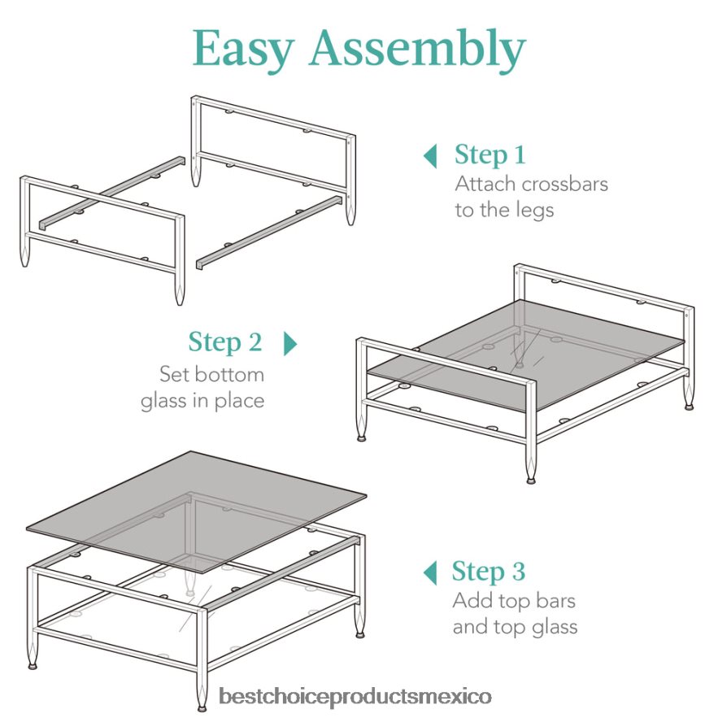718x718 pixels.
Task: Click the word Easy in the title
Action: [242, 50]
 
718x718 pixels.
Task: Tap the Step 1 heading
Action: [490, 154]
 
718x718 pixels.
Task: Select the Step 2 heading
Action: [225, 342]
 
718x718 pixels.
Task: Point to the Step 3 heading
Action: [488, 572]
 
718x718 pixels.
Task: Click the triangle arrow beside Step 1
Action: [430, 156]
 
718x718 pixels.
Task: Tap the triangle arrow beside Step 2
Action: [290, 343]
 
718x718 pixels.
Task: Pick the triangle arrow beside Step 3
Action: [430, 572]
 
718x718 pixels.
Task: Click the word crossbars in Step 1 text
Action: [564, 184]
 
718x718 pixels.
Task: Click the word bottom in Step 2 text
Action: [229, 375]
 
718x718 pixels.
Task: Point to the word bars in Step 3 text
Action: [555, 601]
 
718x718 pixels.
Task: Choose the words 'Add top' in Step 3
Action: [491, 602]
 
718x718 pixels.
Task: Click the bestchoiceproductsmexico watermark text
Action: [355, 697]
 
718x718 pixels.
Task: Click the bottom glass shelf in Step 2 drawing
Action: [527, 355]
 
